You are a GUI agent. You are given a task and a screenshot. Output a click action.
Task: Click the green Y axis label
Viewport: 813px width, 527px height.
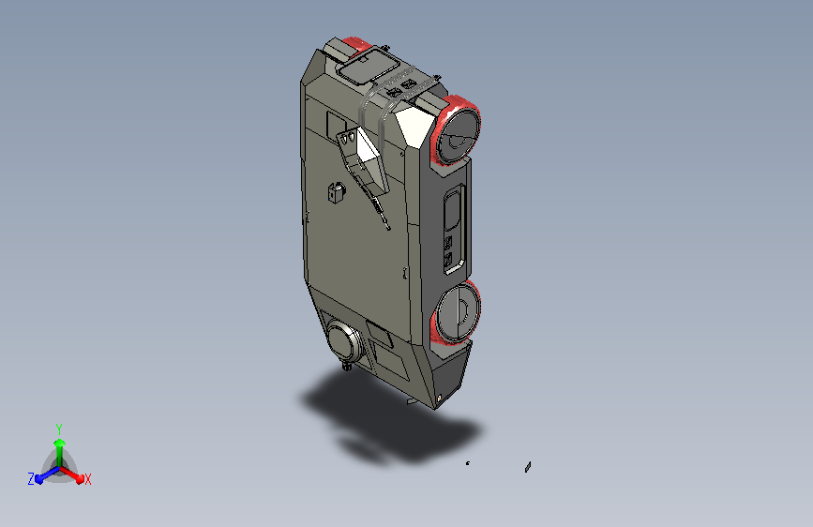pyautogui.click(x=59, y=429)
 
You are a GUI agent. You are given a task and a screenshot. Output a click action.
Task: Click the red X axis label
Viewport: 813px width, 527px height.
pyautogui.click(x=87, y=480)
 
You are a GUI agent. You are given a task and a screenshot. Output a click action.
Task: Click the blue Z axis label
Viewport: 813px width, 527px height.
pyautogui.click(x=31, y=479)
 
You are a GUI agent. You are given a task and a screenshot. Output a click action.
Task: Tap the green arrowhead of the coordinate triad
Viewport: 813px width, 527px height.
pyautogui.click(x=60, y=443)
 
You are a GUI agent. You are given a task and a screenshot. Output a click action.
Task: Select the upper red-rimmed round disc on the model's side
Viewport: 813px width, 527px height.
pyautogui.click(x=456, y=130)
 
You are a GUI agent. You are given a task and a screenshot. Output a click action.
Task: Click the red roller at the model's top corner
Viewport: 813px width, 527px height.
pyautogui.click(x=356, y=47)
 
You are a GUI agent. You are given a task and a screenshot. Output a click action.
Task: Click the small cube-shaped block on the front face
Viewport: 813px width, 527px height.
pyautogui.click(x=337, y=193)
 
